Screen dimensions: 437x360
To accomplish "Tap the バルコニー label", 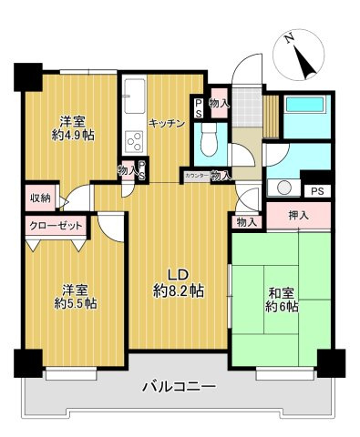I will [x=179, y=388].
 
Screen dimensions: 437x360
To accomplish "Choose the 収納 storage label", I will [x=38, y=198].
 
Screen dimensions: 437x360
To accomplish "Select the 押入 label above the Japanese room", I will [x=297, y=216].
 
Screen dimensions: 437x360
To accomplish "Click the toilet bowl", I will [x=207, y=139].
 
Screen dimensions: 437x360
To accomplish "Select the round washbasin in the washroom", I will [x=284, y=188].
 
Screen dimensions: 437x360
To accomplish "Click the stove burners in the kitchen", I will [x=134, y=142].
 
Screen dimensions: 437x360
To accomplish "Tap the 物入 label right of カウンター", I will [x=220, y=174].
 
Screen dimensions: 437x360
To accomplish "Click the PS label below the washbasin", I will [x=316, y=191].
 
